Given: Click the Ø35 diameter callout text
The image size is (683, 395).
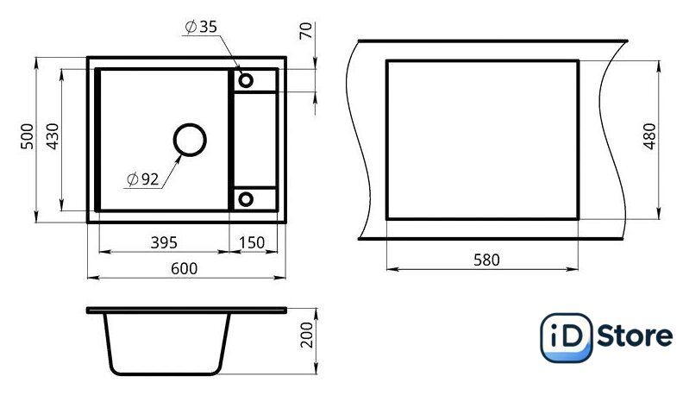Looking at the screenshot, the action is tap(201, 27).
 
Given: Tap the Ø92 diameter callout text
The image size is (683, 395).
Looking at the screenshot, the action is tap(143, 179).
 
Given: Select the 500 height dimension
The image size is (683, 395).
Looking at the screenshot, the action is tap(27, 136).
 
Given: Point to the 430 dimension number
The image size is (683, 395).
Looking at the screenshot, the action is tap(53, 136).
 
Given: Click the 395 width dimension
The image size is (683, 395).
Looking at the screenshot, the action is tap(164, 242).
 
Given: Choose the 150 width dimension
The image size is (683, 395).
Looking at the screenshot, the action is tap(252, 242).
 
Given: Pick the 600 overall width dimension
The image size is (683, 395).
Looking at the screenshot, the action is tap(184, 269).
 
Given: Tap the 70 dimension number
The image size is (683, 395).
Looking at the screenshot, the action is tap(306, 30).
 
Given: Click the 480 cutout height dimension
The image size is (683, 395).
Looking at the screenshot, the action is tap(649, 136).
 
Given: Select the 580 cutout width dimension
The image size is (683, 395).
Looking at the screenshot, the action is tap(486, 260).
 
